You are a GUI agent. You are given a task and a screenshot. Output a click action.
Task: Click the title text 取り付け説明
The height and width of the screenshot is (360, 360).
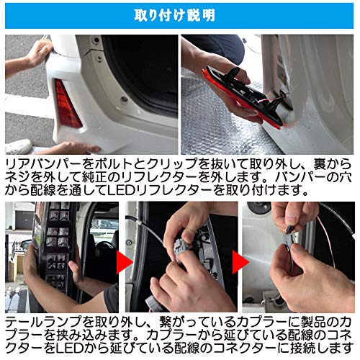(x=179, y=14)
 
